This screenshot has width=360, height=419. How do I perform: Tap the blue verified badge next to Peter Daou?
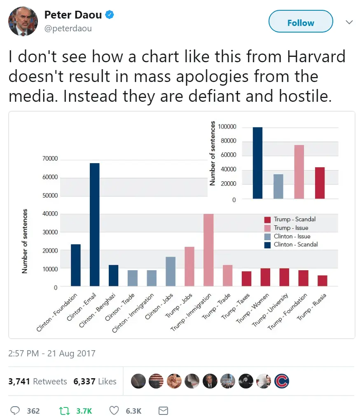coord(110,15)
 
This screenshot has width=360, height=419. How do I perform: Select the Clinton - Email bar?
coord(94,225)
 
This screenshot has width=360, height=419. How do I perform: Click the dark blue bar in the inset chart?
coord(257,163)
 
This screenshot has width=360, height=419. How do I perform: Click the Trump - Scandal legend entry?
coord(290,220)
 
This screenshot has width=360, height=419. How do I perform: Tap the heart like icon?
coord(115,410)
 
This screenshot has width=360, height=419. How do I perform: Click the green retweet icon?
coord(64,410)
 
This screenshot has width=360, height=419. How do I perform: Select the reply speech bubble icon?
coord(15,410)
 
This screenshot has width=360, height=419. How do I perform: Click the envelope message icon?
coord(163,410)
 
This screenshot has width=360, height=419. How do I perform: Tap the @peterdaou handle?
coord(68,28)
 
